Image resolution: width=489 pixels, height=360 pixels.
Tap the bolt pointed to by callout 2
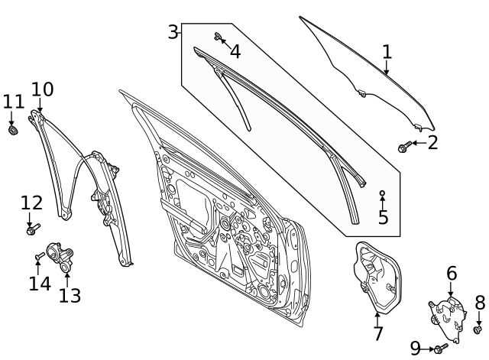coord(405,146)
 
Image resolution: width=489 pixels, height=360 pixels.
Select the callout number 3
coord(173,31)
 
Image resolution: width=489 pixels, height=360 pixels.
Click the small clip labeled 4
coord(218,37)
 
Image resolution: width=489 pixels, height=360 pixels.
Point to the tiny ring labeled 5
coord(382,193)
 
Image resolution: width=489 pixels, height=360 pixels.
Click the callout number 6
coord(452,273)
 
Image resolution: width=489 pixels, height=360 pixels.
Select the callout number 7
coord(377,333)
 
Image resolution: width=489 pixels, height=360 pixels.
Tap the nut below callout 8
coord(478,329)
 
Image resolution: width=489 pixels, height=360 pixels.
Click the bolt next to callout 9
coord(442,348)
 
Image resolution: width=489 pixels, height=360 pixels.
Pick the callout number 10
coord(43,89)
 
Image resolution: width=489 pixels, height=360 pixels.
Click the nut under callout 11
coord(13,130)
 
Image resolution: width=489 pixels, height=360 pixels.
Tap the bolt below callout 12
coord(33,229)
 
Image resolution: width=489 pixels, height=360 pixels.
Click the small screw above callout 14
coord(40,256)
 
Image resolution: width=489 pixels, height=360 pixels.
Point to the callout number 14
coord(40,284)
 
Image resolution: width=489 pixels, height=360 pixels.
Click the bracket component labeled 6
coord(448,318)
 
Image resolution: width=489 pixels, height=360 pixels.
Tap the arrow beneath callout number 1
coord(387,68)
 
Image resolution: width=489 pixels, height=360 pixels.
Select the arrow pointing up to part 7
coord(377,319)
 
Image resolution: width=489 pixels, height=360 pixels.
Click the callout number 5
coord(383,217)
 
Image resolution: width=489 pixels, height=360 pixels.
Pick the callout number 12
coord(31,203)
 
